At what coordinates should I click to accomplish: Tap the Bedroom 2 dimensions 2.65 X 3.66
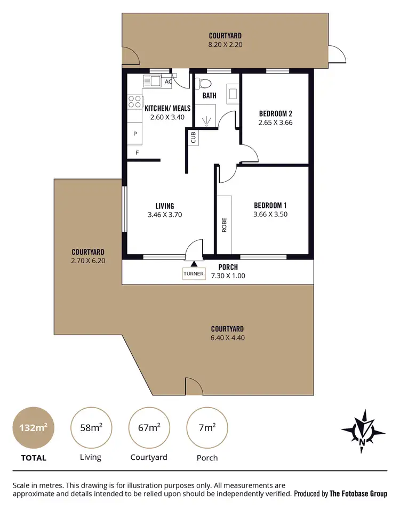(275, 123)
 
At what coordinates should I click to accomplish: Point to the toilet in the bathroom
(205, 84)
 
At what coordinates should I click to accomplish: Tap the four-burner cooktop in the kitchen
(134, 101)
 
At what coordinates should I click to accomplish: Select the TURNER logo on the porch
(193, 273)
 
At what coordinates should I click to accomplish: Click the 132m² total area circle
(33, 427)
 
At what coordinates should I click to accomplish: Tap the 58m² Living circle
(91, 427)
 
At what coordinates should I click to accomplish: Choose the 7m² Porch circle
(207, 427)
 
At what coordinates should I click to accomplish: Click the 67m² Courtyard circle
(149, 427)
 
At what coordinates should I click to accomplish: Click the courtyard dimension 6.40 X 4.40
(227, 338)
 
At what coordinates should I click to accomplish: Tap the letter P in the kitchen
(135, 134)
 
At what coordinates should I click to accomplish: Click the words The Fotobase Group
(358, 494)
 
